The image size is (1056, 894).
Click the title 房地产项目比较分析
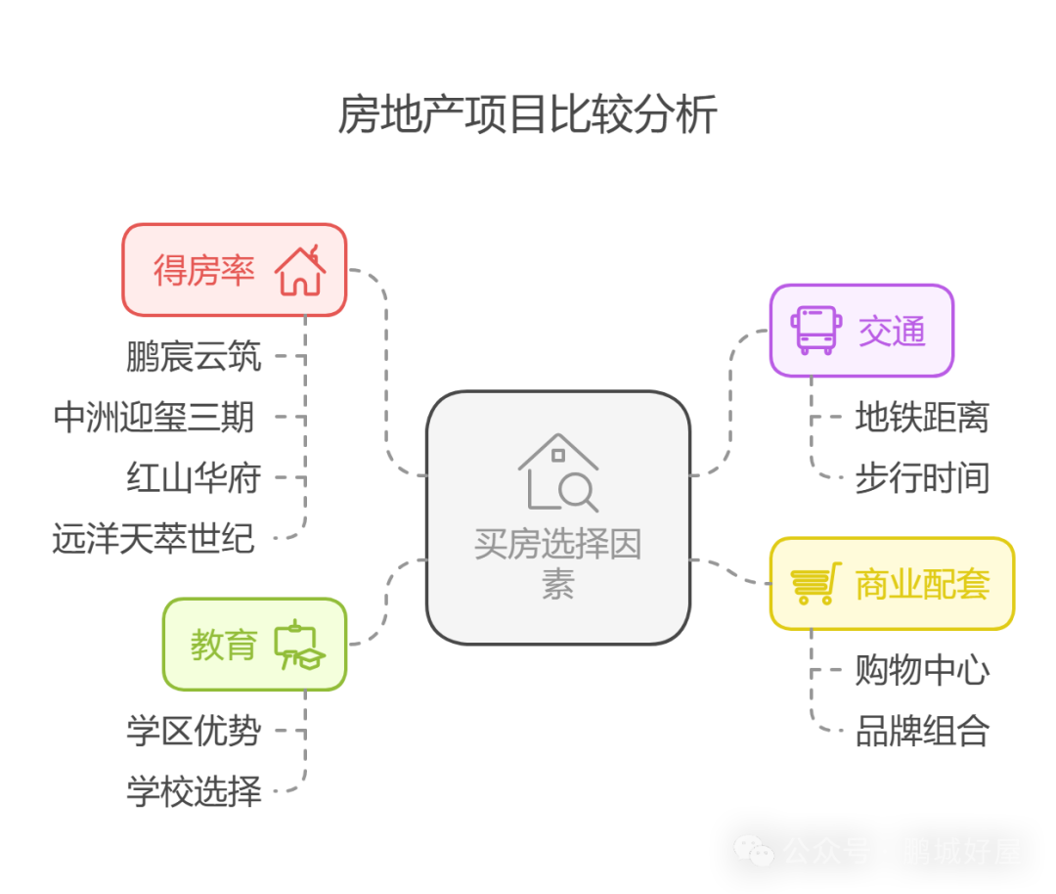point(528,115)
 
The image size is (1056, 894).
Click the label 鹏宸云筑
point(194,357)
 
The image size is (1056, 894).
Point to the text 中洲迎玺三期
point(154,418)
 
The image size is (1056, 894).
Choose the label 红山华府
point(194,478)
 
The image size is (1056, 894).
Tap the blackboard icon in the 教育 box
point(299,645)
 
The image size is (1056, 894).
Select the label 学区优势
point(194,731)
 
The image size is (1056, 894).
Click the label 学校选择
point(194,790)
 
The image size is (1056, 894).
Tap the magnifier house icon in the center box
point(558,473)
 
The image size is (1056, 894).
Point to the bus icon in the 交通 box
point(815,331)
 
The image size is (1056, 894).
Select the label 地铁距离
point(921,418)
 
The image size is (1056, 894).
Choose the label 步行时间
point(921,478)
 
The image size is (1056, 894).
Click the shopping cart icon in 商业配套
point(814,585)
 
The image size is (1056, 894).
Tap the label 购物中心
point(922,671)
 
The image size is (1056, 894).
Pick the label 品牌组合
point(922,731)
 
